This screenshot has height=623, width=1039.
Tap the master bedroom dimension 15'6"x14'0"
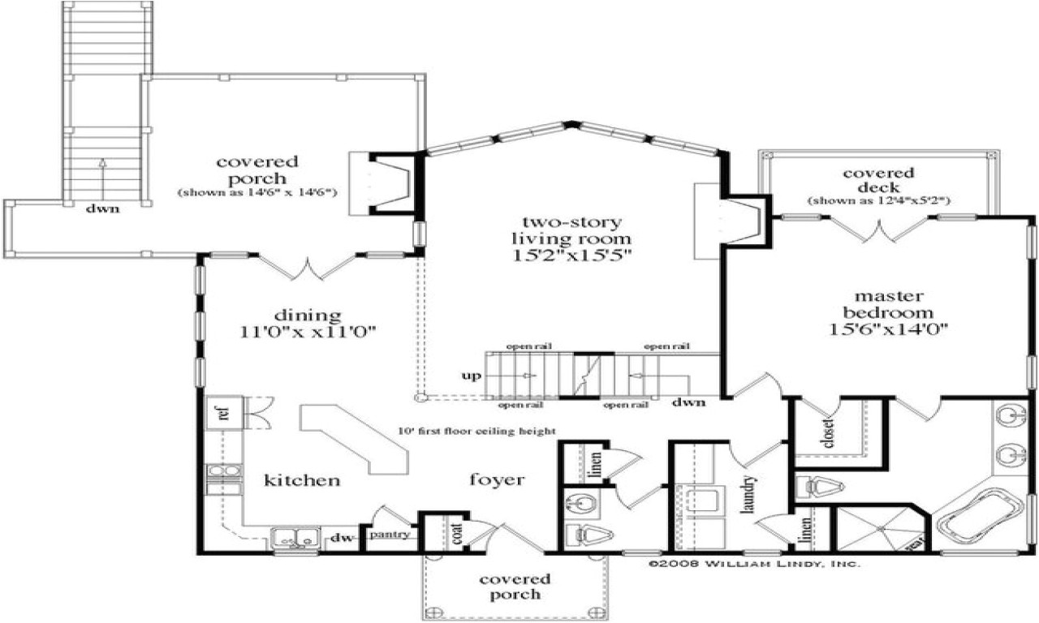(887, 329)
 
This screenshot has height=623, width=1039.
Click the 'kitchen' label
(302, 481)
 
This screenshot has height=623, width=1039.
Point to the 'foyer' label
(497, 480)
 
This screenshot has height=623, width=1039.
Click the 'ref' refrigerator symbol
(221, 412)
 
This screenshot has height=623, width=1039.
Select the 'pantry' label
(388, 535)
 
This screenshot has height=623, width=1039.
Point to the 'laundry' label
(748, 495)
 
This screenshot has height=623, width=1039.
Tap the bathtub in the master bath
(978, 515)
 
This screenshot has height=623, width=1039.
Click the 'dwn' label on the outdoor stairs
(104, 208)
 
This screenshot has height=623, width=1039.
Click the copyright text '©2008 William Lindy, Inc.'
(754, 563)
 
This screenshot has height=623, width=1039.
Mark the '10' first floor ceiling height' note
(476, 431)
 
